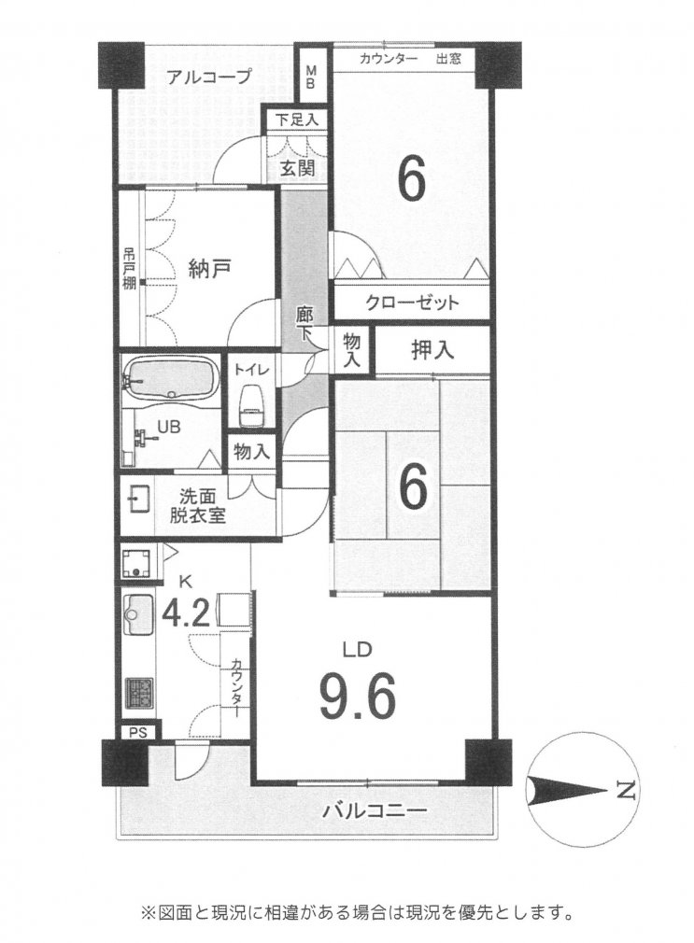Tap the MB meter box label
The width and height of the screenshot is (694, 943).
point(311,77)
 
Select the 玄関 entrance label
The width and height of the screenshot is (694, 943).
point(297,167)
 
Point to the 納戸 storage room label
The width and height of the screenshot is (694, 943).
point(208,269)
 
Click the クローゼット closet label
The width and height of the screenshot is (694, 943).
point(412,302)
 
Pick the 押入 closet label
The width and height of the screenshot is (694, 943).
point(432,350)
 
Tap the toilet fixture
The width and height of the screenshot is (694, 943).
point(251,407)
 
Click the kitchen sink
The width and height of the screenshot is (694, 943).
point(138,614)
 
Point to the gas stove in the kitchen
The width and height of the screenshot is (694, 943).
point(139,694)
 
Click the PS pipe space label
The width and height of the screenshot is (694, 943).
point(138,732)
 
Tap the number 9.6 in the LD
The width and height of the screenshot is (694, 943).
point(357,697)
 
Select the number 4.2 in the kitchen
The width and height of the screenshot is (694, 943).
point(187,613)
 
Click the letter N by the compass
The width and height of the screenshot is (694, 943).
point(627,790)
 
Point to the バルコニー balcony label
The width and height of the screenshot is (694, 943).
point(375,811)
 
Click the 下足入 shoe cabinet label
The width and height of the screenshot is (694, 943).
point(297,120)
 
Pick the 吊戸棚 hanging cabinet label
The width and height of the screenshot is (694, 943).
point(130,269)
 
